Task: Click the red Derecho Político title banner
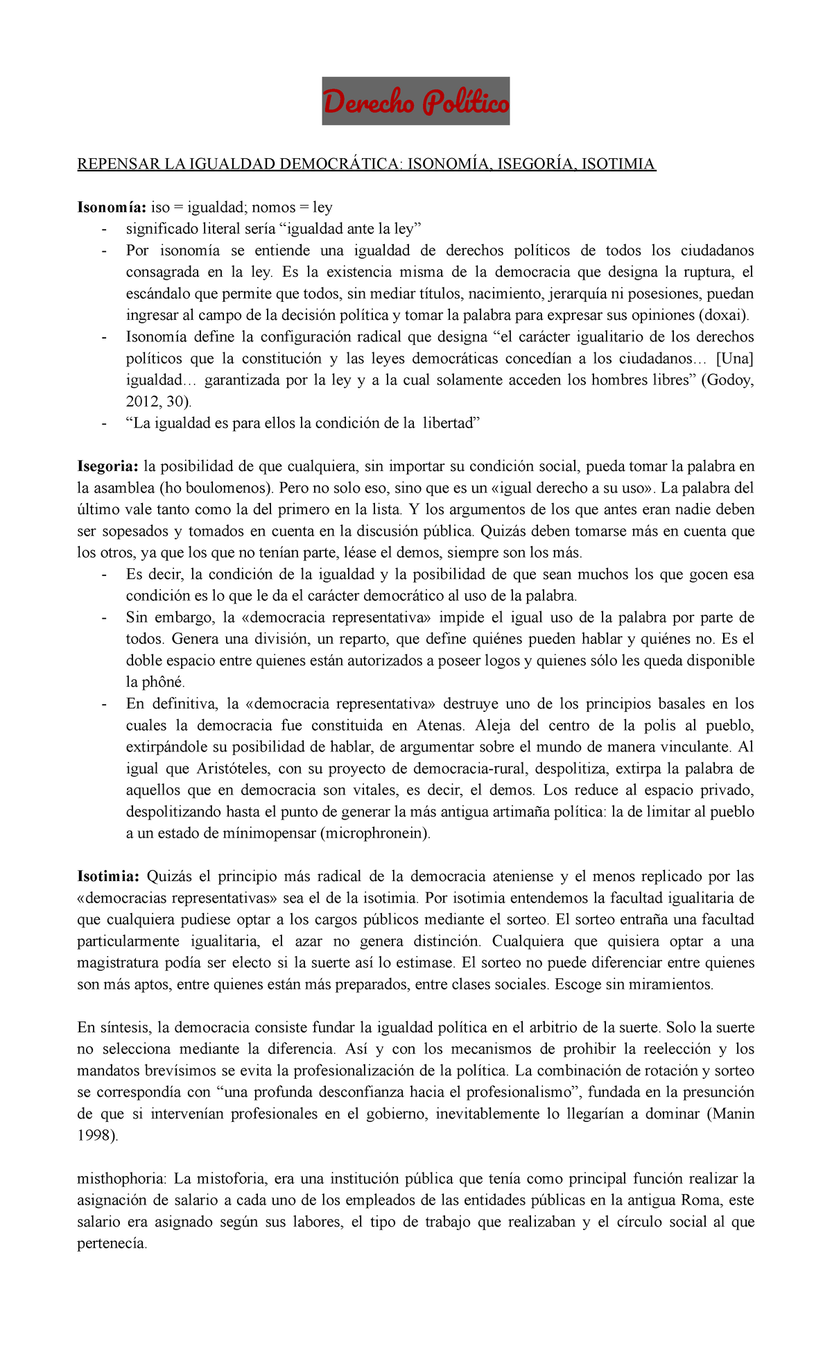pyautogui.click(x=415, y=101)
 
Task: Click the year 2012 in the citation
pyautogui.click(x=143, y=402)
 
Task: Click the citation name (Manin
pyautogui.click(x=730, y=1114)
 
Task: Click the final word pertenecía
pyautogui.click(x=112, y=1243)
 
